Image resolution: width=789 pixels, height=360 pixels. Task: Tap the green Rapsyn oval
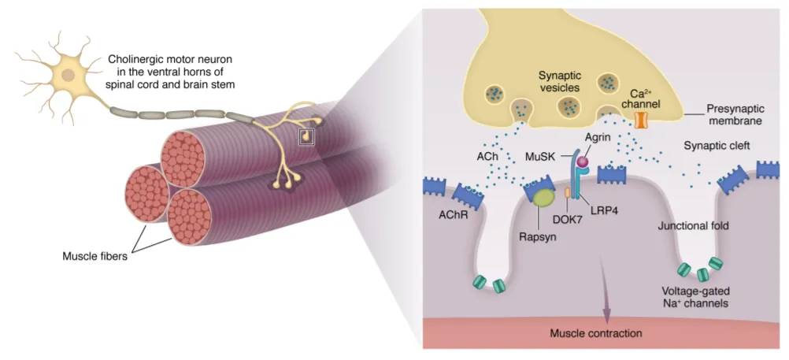coord(542,198)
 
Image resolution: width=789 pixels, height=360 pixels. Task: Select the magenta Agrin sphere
coord(583,162)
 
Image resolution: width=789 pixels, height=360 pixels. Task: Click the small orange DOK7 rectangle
coord(568,192)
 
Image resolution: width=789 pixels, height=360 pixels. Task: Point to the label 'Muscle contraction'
coord(595,333)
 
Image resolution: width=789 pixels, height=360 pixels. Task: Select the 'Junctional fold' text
coord(693,226)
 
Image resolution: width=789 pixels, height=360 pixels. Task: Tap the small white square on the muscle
coord(306,137)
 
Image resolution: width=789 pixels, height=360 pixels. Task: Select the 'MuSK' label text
coord(541,156)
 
